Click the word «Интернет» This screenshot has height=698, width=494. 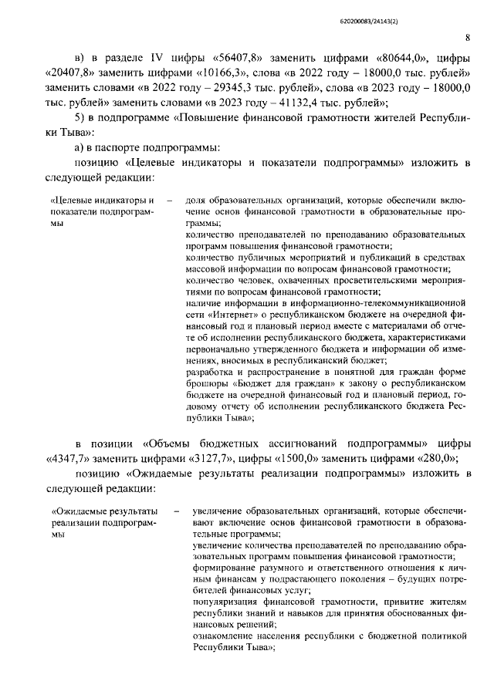click(x=232, y=315)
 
